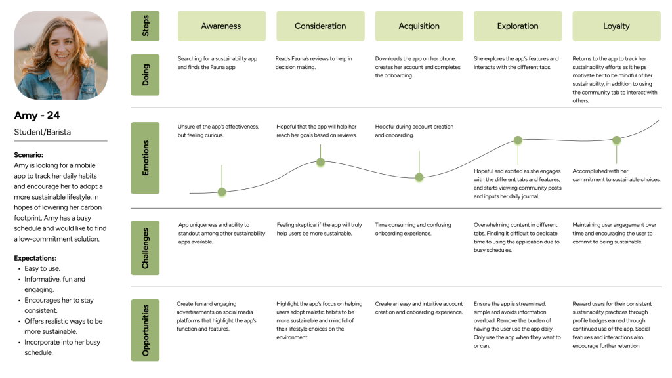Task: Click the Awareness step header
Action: (x=222, y=26)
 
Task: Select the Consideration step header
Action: (x=320, y=26)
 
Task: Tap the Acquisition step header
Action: (x=419, y=26)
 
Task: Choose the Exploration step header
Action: (x=518, y=26)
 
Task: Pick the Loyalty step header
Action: (x=616, y=26)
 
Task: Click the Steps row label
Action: (x=145, y=26)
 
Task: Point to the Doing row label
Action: (x=145, y=75)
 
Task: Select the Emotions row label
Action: (x=145, y=157)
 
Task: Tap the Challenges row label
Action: (x=145, y=247)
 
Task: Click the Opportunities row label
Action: (x=145, y=330)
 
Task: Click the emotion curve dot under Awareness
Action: (x=222, y=192)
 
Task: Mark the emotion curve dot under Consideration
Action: (x=320, y=162)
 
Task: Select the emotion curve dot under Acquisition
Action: (x=419, y=177)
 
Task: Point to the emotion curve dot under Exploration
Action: (x=518, y=140)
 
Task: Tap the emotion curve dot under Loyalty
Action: (x=617, y=140)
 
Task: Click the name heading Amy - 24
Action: (x=37, y=115)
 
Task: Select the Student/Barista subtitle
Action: (x=43, y=132)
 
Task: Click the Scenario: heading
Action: (x=28, y=155)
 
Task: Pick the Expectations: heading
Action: (x=35, y=258)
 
